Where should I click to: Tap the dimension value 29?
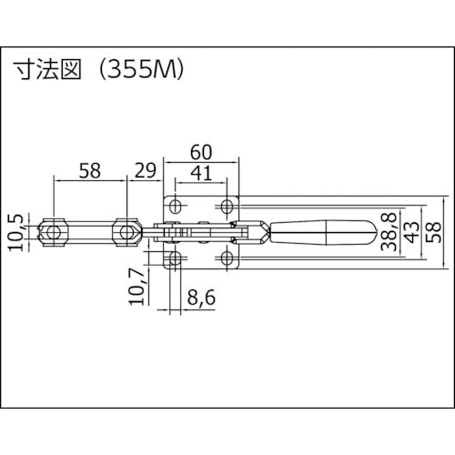tap(143, 170)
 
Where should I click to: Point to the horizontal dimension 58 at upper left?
tap(90, 170)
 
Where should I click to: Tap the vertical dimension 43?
tap(414, 234)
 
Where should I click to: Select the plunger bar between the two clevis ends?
tap(90, 234)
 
